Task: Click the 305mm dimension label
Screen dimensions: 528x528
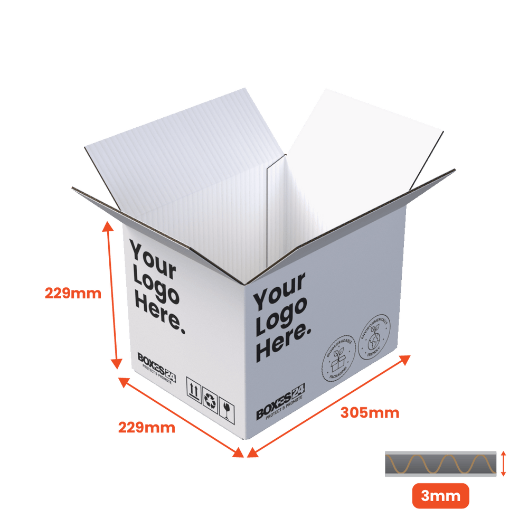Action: (370, 412)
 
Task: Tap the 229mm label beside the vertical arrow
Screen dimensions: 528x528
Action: (72, 293)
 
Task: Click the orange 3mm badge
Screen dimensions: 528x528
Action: (440, 496)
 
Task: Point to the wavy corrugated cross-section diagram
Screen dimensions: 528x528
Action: (440, 464)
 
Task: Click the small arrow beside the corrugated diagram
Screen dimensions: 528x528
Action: (504, 464)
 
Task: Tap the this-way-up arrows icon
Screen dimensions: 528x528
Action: (193, 391)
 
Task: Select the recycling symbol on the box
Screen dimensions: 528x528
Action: (210, 400)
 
